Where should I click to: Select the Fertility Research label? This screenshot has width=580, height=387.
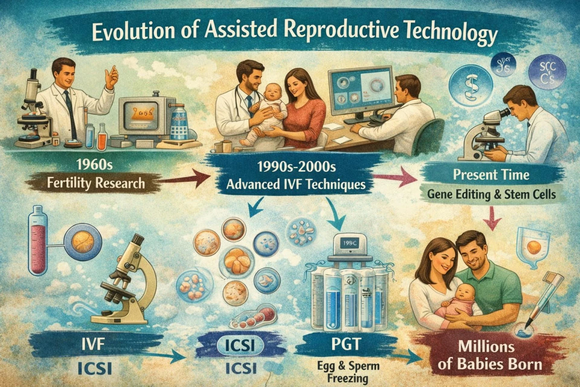96,183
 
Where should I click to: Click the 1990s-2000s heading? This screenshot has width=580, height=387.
296,167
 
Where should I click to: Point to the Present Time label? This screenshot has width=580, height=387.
491,175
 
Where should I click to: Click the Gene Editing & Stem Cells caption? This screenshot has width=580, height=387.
491,194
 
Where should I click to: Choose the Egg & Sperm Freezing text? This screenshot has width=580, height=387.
348,372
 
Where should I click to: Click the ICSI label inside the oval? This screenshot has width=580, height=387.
240,345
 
